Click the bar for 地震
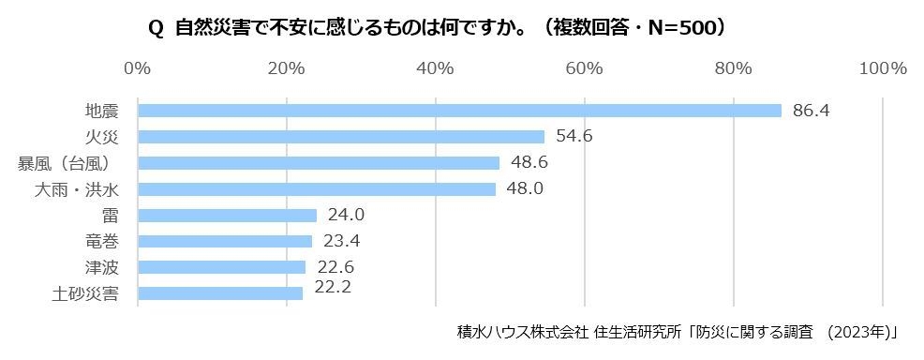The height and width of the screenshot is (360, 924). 459,111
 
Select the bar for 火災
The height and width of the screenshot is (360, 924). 341,137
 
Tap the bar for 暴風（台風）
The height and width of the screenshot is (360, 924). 319,163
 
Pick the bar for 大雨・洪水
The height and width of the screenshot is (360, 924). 317,189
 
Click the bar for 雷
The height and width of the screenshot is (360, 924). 227,216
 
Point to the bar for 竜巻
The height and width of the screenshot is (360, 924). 225,241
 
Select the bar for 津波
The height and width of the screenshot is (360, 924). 221,267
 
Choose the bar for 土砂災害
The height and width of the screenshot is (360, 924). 220,293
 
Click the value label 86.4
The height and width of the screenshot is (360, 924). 812,111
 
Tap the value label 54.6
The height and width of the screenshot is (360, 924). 574,137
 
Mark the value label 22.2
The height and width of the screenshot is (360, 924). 333,287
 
